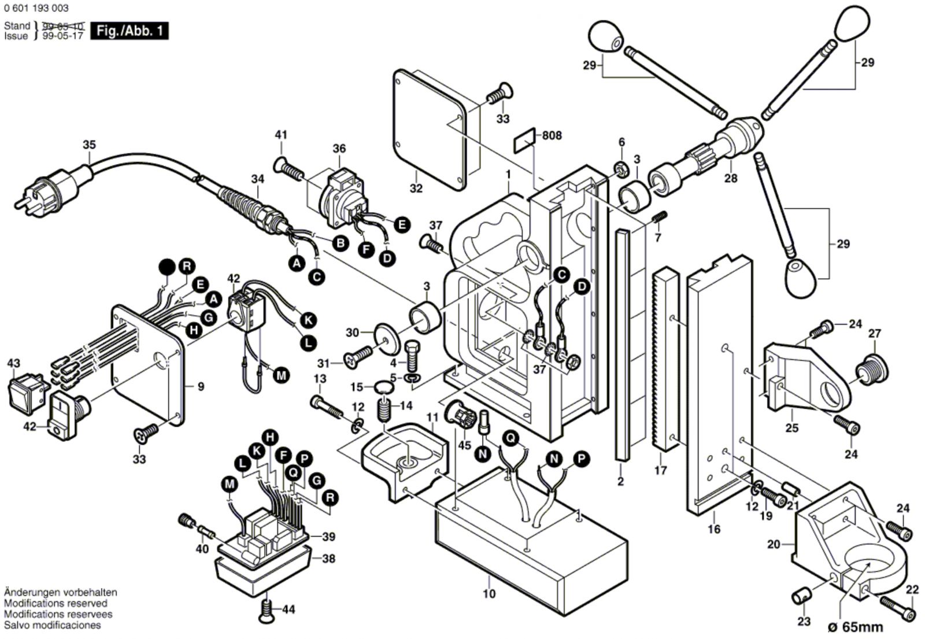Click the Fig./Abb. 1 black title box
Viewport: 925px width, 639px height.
pyautogui.click(x=129, y=31)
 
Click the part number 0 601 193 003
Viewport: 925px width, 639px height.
pyautogui.click(x=36, y=8)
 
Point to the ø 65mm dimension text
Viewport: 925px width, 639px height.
pyautogui.click(x=855, y=627)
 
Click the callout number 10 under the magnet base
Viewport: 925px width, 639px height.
pyautogui.click(x=489, y=594)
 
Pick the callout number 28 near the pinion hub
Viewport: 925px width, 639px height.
pyautogui.click(x=731, y=178)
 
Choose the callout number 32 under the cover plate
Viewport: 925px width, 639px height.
pyautogui.click(x=416, y=188)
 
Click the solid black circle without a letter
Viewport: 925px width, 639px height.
pyautogui.click(x=166, y=267)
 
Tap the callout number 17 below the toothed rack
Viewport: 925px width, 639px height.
pyautogui.click(x=661, y=471)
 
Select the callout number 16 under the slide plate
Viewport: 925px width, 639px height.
pyautogui.click(x=714, y=529)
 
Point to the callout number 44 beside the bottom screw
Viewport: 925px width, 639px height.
pyautogui.click(x=288, y=610)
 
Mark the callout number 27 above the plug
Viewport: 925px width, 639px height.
pyautogui.click(x=875, y=333)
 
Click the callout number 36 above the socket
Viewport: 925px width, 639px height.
pyautogui.click(x=339, y=149)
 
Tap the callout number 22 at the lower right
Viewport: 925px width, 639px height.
pyautogui.click(x=912, y=590)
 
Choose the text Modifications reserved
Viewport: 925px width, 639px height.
pyautogui.click(x=55, y=603)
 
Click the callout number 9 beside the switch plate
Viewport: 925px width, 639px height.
pyautogui.click(x=201, y=386)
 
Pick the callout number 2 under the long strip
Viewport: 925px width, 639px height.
pyautogui.click(x=620, y=481)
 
